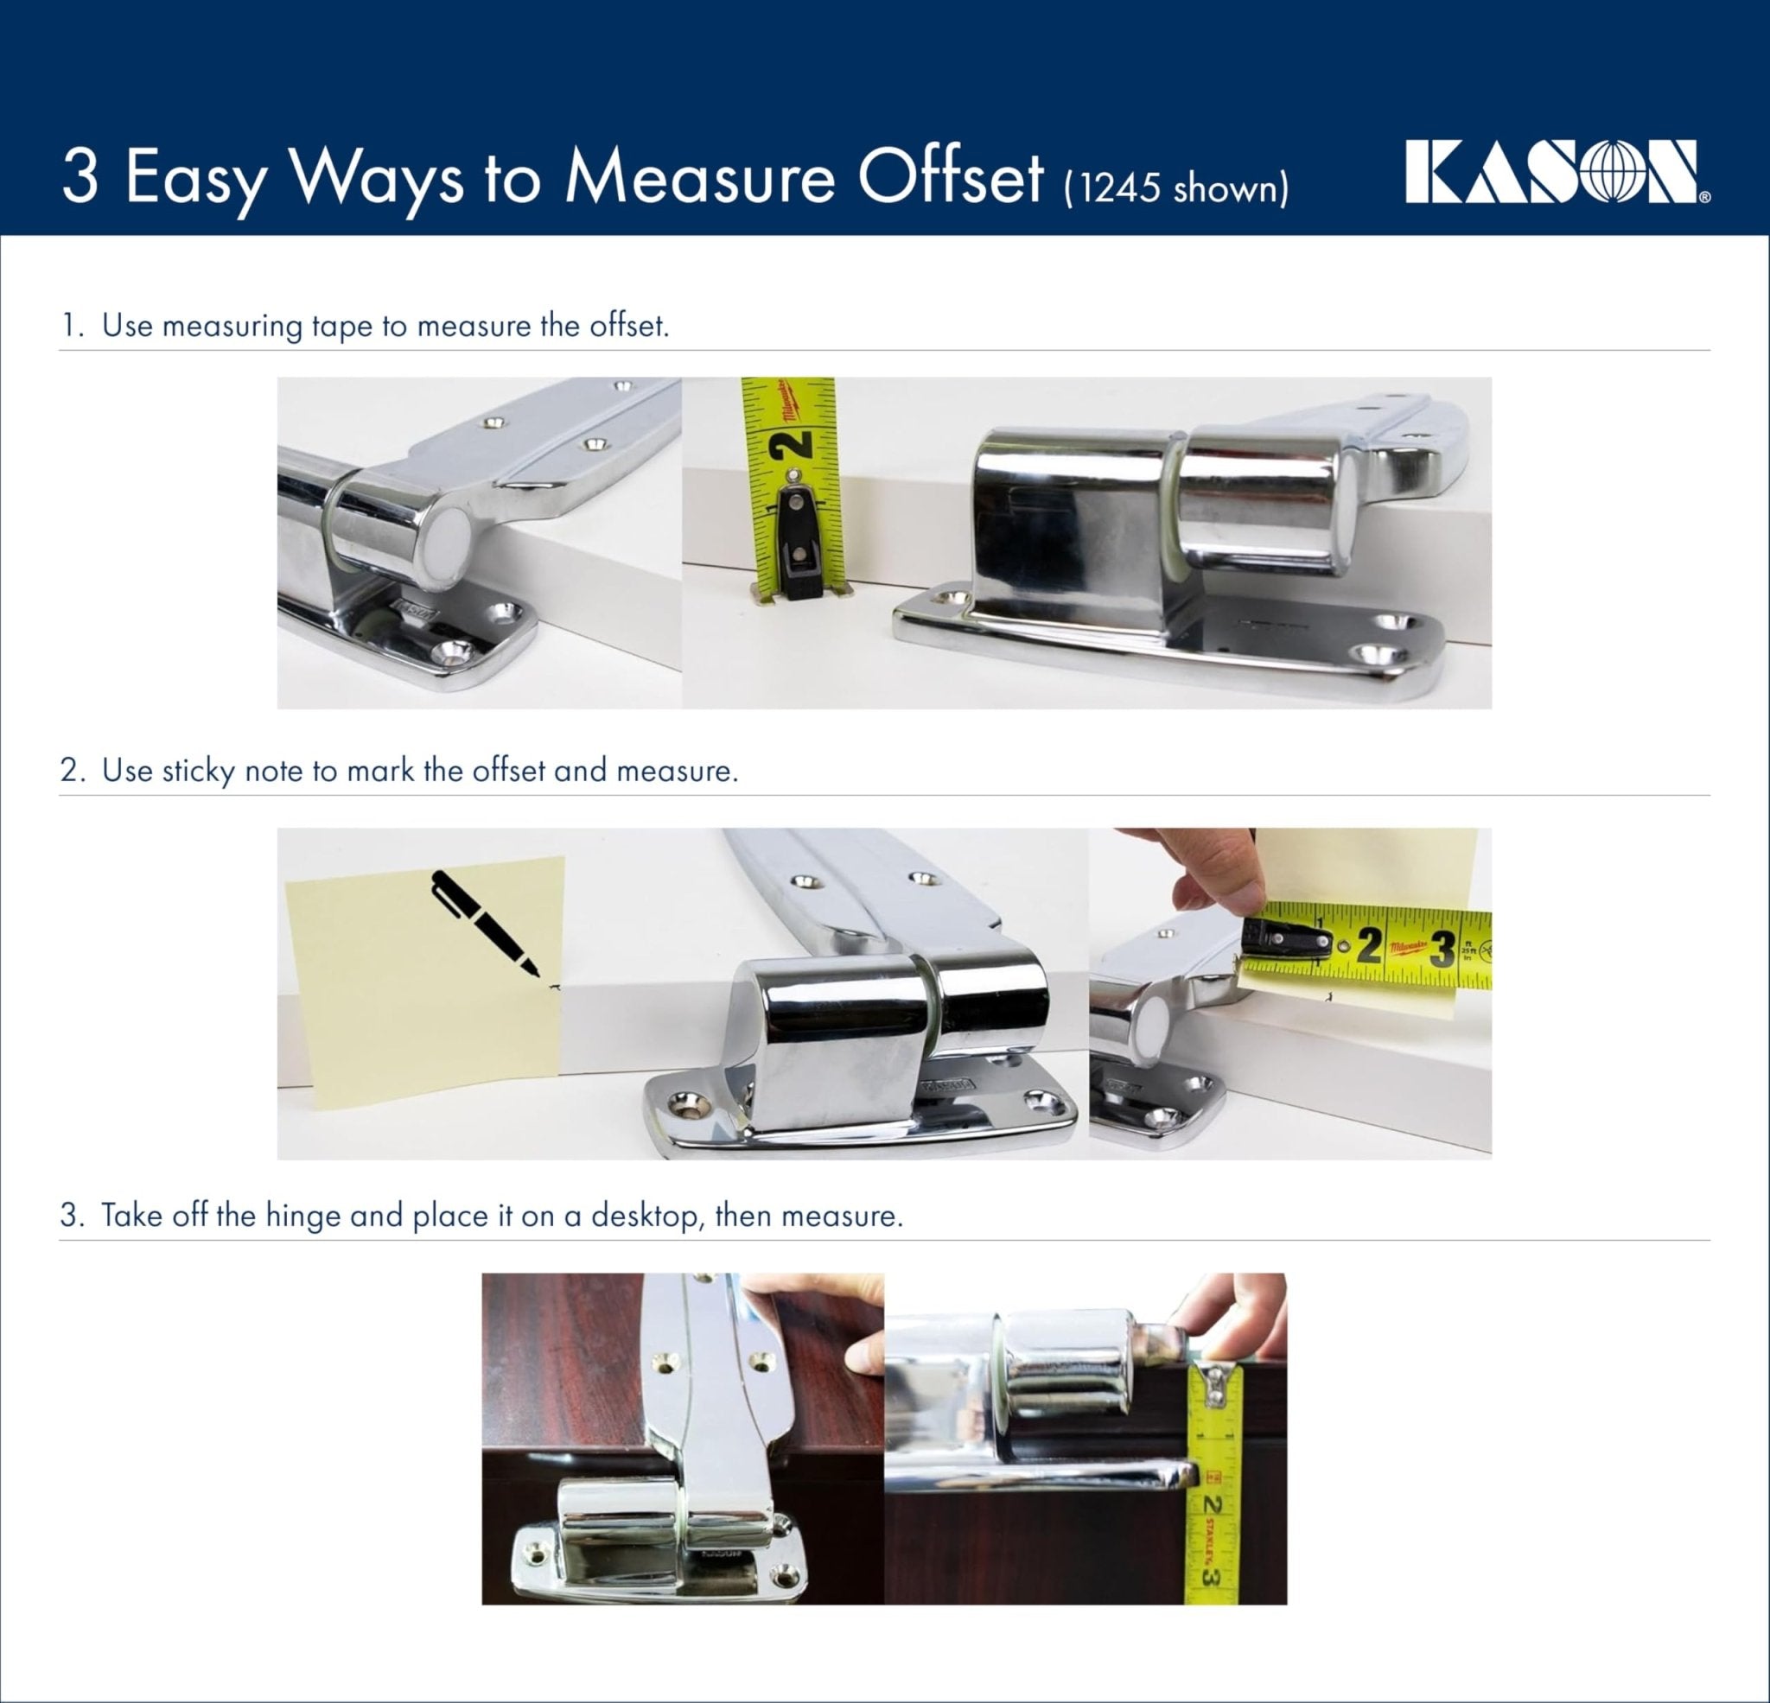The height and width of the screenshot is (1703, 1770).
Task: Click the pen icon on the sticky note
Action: click(x=486, y=924)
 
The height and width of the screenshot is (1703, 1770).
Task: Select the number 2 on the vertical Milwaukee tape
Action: click(x=792, y=443)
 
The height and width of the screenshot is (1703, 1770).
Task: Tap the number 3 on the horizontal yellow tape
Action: click(x=1443, y=948)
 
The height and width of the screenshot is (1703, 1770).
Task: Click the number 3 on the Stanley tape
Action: click(x=1213, y=1576)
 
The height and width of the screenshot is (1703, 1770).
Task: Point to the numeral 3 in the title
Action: click(x=80, y=178)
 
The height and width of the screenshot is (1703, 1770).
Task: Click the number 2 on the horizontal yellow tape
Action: click(x=1369, y=945)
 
